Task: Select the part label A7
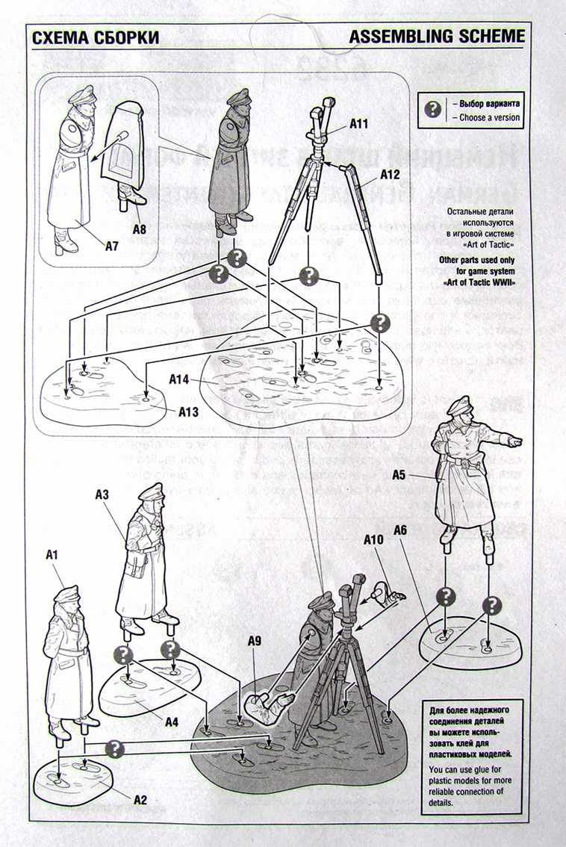pos(111,244)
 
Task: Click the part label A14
pos(179,379)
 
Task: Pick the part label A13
pos(189,411)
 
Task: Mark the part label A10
pos(374,539)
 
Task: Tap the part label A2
pos(140,800)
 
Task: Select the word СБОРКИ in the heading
pos(122,37)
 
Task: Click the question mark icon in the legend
pos(432,109)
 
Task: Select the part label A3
pos(102,494)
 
